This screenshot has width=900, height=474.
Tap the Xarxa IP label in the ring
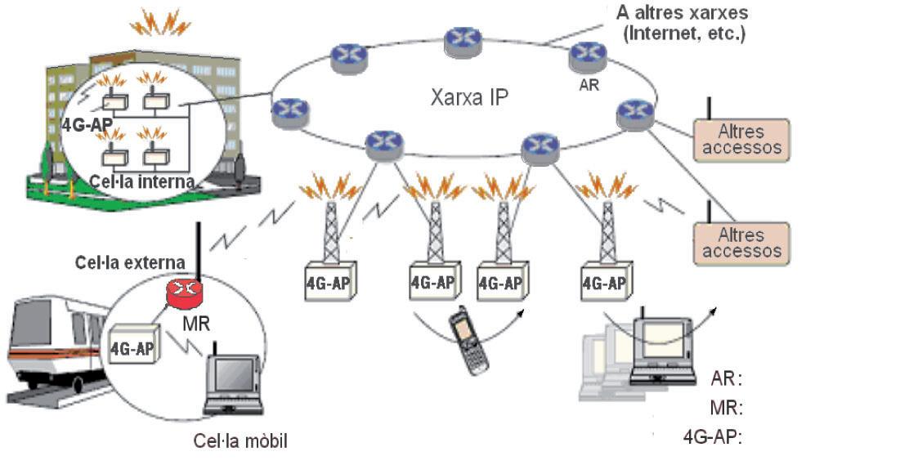pos(469,98)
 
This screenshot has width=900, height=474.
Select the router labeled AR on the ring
pos(587,55)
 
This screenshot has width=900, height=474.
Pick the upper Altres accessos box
pos(741,140)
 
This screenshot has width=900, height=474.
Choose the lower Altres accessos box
pos(741,243)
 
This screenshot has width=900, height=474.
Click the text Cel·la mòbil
pos(240,442)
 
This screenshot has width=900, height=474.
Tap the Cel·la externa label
pos(129,263)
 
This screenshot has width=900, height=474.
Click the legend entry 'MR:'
pos(726,408)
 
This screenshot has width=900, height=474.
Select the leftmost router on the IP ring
pos(289,110)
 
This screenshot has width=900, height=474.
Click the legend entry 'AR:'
pos(726,379)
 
